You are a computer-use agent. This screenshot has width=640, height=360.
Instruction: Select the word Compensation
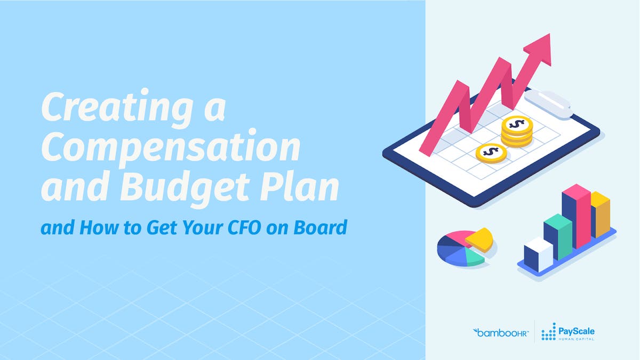click(171, 148)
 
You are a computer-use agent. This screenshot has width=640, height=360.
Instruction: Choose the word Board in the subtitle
click(323, 228)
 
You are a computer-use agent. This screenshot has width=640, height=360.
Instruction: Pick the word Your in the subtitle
click(217, 228)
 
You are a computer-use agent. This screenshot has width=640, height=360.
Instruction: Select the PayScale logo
click(568, 332)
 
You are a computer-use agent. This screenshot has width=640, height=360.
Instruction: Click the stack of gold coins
click(516, 131)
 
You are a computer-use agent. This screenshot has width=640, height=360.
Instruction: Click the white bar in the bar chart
click(538, 254)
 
